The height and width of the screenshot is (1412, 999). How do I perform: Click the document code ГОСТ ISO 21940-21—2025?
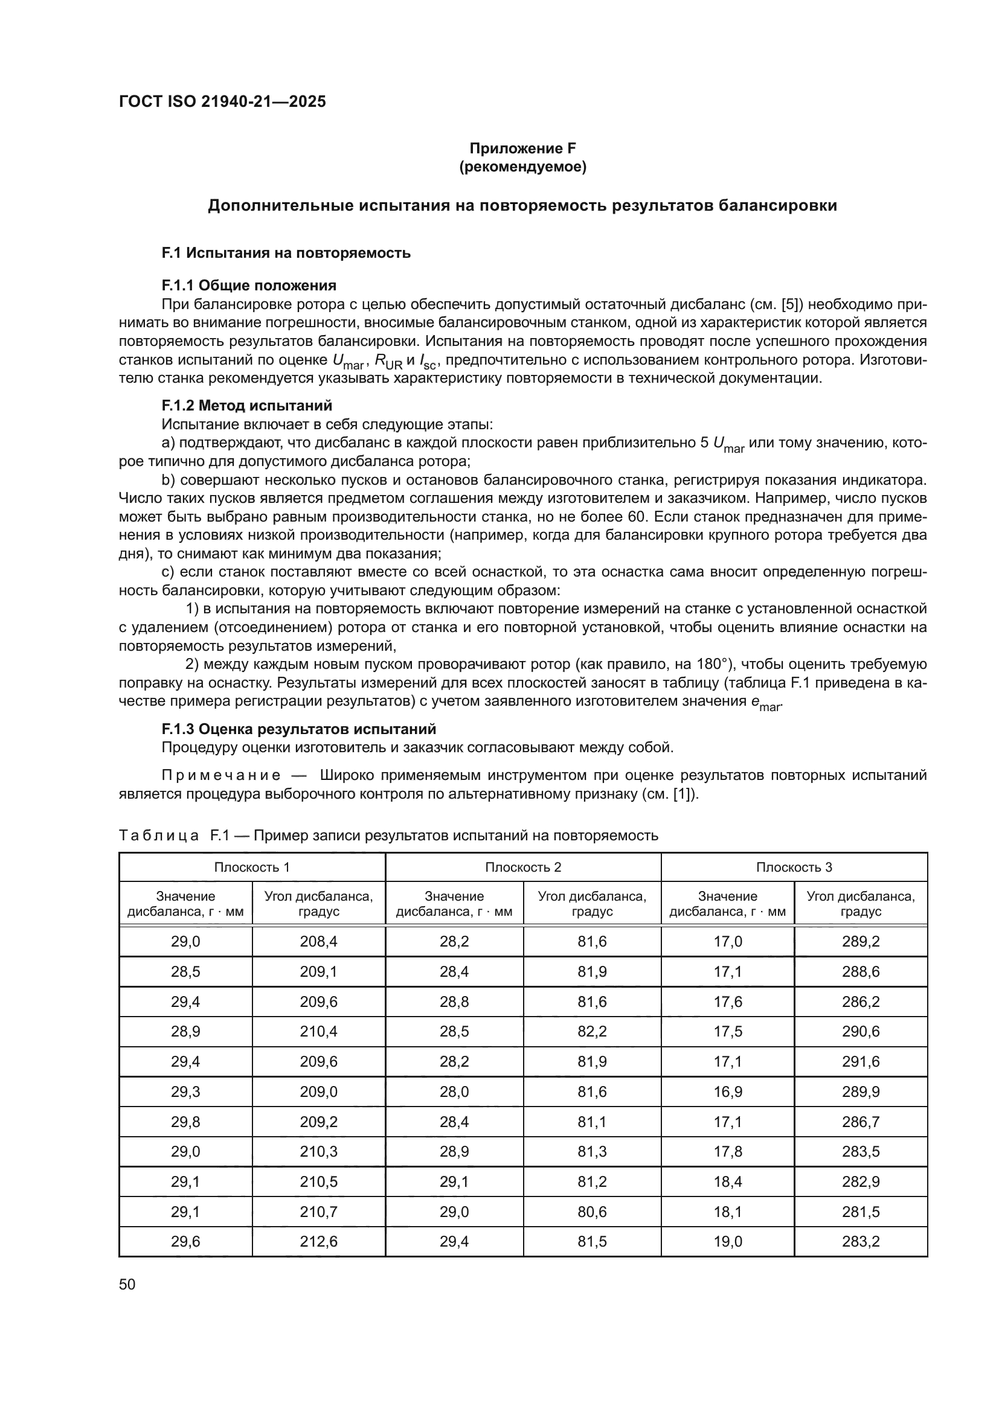coord(222,102)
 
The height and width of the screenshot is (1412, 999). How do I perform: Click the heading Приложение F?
coord(522,149)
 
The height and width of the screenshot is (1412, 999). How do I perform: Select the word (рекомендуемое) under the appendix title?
coord(522,167)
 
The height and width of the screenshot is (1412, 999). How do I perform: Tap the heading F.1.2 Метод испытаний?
coord(246,405)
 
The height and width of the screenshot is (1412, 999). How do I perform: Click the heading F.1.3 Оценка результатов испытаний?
coord(298,729)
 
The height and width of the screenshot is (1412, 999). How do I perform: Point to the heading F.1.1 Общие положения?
coord(248,286)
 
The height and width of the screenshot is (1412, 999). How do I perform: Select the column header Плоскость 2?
coord(523,867)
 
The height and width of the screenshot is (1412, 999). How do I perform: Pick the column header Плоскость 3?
coord(794,867)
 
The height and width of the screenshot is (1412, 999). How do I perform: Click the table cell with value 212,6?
coord(319,1242)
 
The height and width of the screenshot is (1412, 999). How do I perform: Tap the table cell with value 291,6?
coord(861,1061)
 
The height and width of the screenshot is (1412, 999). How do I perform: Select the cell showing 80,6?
coord(592,1212)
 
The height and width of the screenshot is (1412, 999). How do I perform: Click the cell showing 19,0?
coord(728,1242)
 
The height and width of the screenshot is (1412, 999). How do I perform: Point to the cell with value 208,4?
coord(319,942)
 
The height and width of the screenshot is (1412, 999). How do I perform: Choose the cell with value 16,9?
coord(728,1091)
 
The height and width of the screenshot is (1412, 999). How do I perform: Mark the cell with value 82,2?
coord(592,1031)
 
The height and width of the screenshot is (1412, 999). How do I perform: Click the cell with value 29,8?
coord(185,1122)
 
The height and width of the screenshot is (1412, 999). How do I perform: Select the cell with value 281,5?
coord(861,1212)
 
